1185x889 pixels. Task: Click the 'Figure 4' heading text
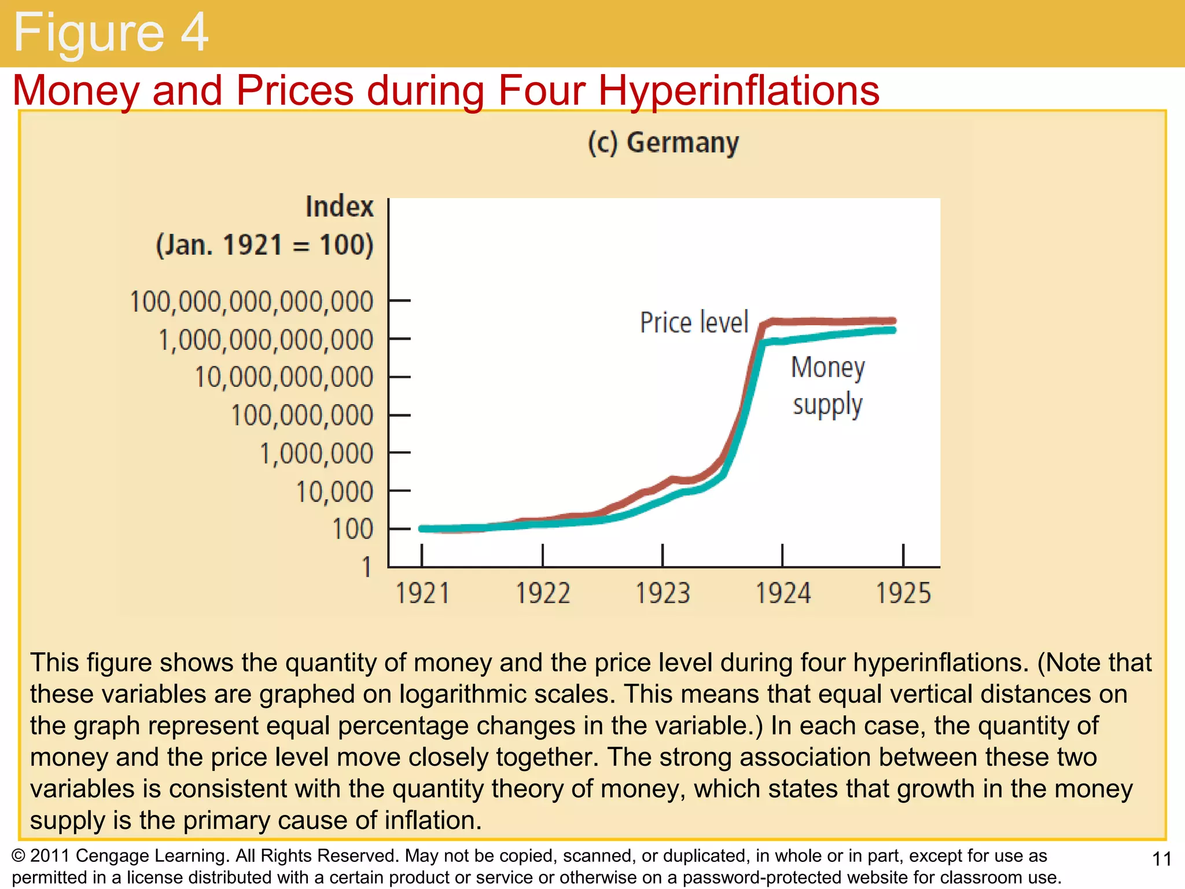[x=110, y=33]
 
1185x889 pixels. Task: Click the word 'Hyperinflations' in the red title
[x=738, y=91]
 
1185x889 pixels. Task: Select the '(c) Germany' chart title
[x=663, y=143]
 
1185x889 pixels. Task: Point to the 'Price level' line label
[x=694, y=322]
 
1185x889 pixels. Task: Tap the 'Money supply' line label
[x=827, y=386]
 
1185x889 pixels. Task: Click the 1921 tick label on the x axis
[x=422, y=594]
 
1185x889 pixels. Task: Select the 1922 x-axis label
[x=543, y=594]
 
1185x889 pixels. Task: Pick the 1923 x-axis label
[x=663, y=594]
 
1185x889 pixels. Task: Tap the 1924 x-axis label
[x=783, y=594]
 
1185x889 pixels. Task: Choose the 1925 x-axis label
[x=903, y=594]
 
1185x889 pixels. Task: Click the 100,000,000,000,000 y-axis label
[x=252, y=302]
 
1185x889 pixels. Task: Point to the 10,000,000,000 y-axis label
[x=284, y=377]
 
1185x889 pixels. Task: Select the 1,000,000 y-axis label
[x=317, y=454]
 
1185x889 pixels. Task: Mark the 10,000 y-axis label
[x=334, y=492]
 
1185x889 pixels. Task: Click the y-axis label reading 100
[x=352, y=530]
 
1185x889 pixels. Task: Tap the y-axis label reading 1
[x=367, y=567]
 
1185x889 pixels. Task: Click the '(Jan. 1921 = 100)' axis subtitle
[x=264, y=245]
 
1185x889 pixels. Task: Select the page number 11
[x=1162, y=859]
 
